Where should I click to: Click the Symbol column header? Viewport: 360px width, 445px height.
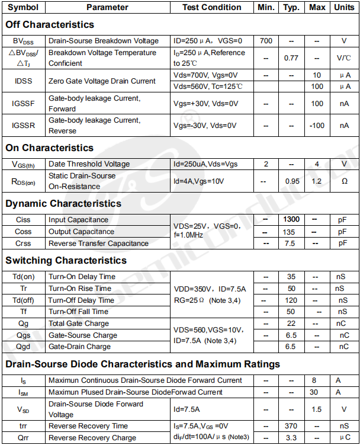tap(24, 7)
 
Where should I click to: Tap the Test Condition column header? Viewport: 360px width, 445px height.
tap(211, 7)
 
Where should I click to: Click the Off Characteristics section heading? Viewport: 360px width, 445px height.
tap(50, 24)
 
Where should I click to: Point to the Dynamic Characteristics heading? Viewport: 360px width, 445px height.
tap(63, 203)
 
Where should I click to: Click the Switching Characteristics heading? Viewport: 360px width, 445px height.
tap(66, 260)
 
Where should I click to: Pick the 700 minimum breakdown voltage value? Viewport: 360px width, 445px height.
tap(266, 41)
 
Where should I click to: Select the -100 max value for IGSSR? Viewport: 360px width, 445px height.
tap(317, 126)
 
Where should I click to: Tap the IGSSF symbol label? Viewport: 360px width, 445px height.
tap(23, 104)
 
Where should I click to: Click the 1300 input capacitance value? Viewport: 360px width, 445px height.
tap(291, 220)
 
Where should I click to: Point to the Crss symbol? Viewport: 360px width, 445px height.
tap(23, 244)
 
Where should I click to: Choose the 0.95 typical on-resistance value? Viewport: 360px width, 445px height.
tap(292, 181)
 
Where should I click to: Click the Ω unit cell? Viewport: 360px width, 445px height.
tap(343, 181)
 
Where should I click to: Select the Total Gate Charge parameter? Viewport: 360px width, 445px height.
tap(79, 324)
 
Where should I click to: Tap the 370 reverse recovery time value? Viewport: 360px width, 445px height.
tap(291, 426)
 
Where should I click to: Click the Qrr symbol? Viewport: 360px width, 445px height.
tap(23, 438)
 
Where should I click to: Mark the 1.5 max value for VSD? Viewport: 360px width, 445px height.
tap(317, 409)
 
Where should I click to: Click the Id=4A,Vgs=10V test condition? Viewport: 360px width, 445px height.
tap(198, 181)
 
